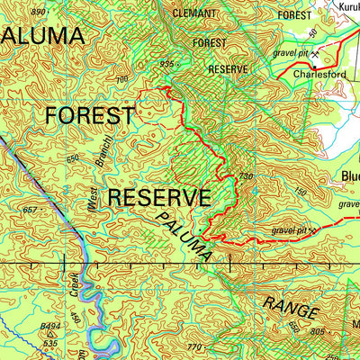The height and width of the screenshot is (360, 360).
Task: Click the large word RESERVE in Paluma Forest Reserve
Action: pos(159,197)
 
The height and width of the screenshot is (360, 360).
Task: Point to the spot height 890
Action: pos(37,12)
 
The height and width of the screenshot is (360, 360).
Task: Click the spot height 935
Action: pos(166,64)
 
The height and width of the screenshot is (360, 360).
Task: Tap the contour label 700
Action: pos(123,81)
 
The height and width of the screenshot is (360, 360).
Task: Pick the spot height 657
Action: pos(31,210)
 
